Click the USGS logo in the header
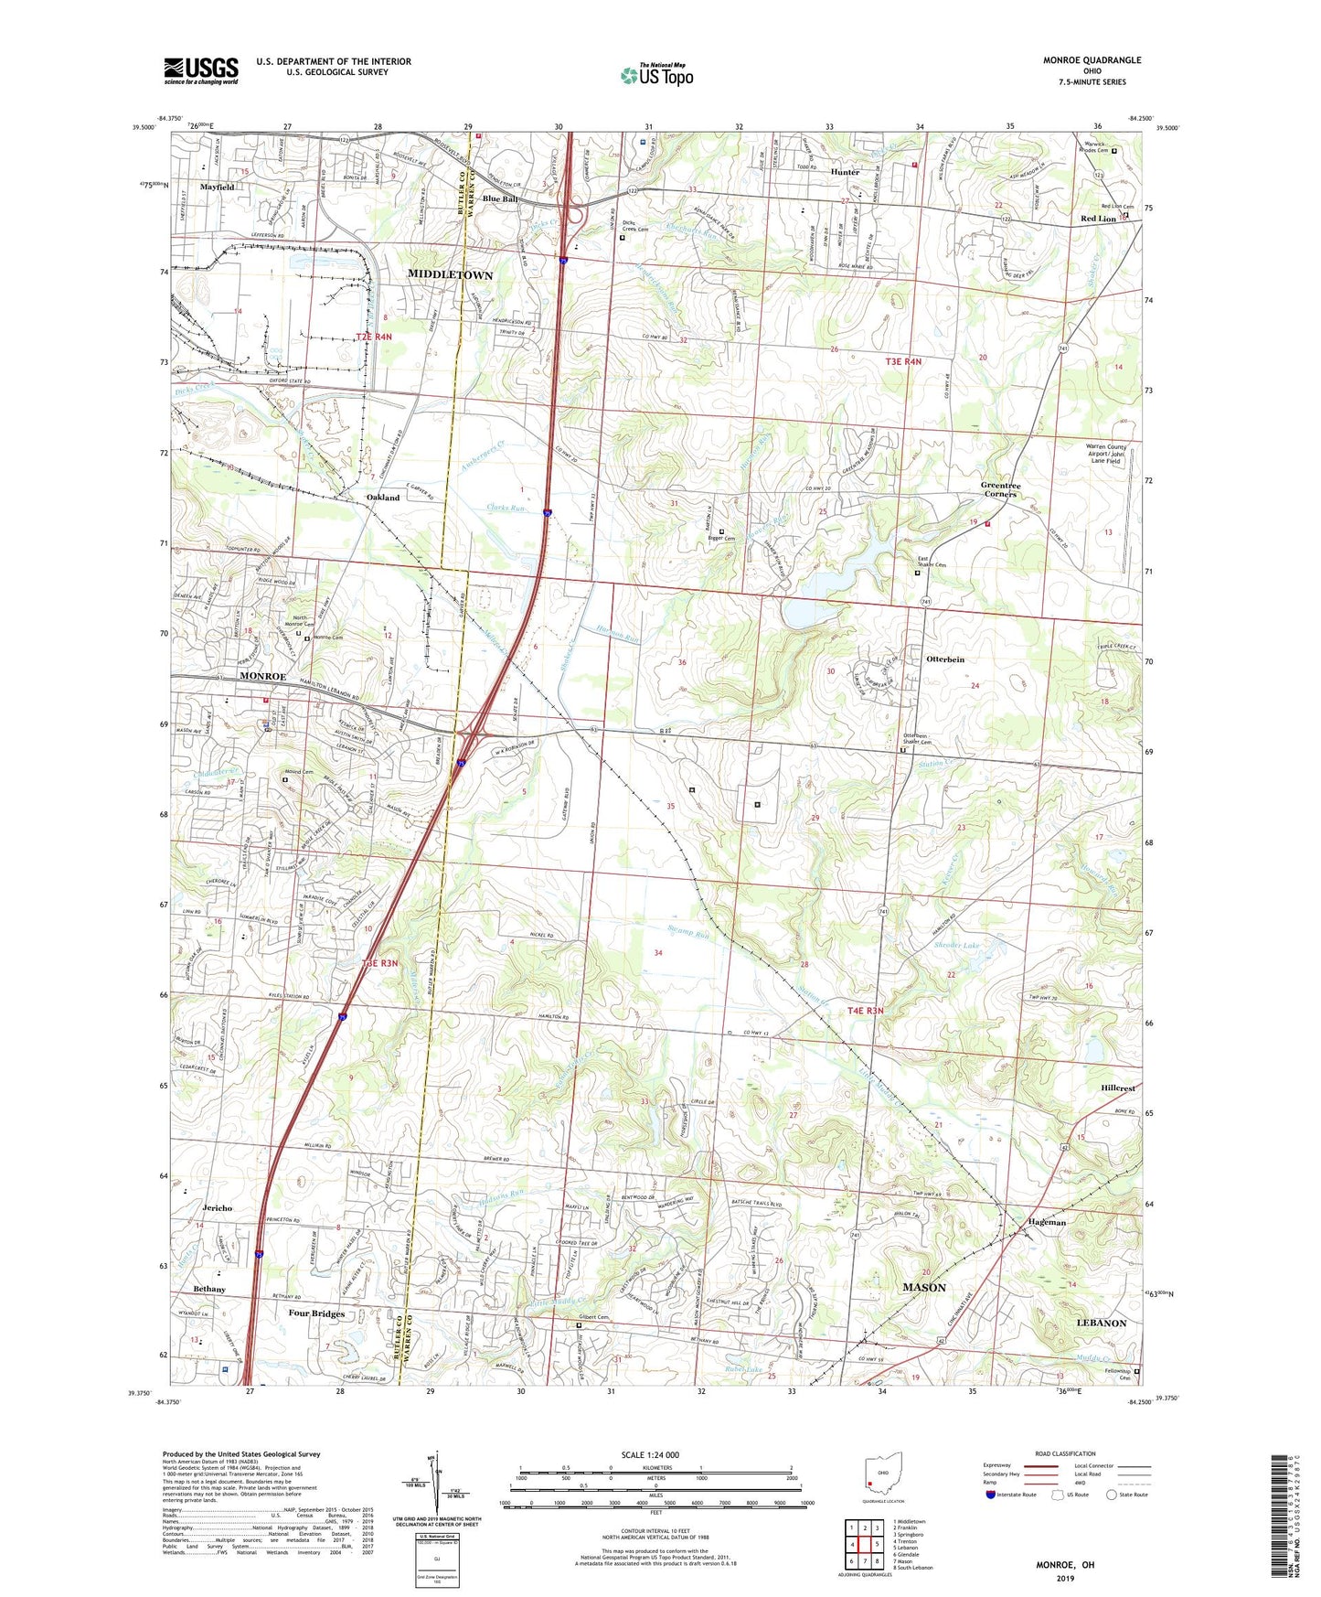click(201, 70)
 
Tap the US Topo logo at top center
click(655, 75)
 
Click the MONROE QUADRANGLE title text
click(1092, 60)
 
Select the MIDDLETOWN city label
click(450, 275)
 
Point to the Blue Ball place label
click(499, 199)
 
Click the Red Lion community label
click(1098, 219)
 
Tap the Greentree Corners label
click(1000, 489)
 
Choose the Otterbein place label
click(945, 659)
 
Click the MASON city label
click(924, 1287)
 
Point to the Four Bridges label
click(316, 1313)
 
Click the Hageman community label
click(1047, 1222)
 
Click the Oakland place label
click(383, 498)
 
